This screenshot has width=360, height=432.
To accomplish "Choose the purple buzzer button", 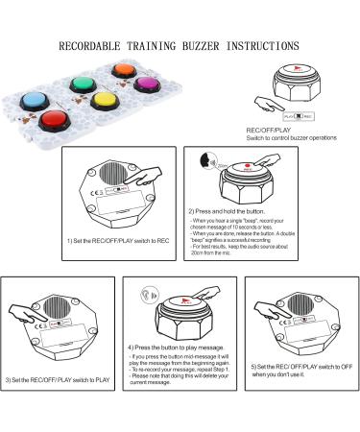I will point(147,84).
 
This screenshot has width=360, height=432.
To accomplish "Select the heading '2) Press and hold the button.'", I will point(227,210).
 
